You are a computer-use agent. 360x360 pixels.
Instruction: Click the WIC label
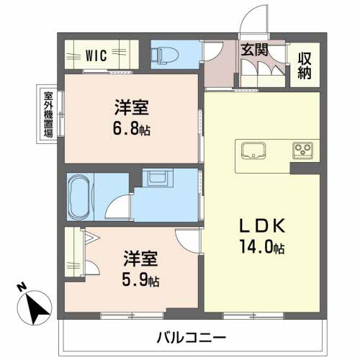coord(96,55)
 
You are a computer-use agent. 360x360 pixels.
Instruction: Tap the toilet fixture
coord(164,55)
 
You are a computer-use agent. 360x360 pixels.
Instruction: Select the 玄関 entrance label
coord(254,50)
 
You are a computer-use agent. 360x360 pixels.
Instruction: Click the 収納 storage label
coord(305,66)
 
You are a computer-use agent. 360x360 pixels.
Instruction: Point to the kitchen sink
coord(253,150)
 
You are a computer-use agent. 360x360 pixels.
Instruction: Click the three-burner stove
coord(302,150)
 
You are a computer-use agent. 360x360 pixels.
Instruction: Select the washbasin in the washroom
coord(157,178)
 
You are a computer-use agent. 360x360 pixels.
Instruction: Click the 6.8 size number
coord(126,129)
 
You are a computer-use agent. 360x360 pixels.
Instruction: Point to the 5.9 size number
coord(135,279)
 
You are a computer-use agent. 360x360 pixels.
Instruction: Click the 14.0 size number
coord(257,247)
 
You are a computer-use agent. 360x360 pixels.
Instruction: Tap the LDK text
coord(262,225)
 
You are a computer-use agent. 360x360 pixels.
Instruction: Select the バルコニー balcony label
coord(192,338)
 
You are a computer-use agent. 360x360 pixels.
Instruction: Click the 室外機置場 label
coord(48,114)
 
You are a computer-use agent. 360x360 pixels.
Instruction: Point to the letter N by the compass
coord(22,287)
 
